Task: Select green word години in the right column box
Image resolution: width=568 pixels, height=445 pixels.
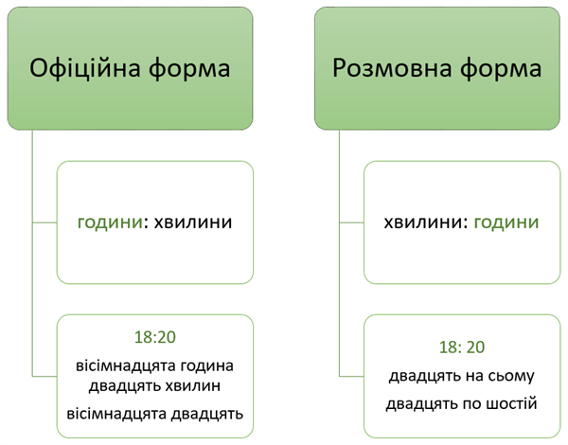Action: [x=506, y=223]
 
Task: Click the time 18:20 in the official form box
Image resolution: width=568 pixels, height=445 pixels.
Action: [x=155, y=335]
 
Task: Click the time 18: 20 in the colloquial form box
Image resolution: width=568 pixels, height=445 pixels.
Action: [x=462, y=347]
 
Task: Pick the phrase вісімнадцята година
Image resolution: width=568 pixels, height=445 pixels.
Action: [x=155, y=365]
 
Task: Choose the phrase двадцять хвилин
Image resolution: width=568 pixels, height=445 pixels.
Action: [x=155, y=384]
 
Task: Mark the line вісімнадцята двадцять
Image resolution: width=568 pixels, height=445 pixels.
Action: [x=155, y=413]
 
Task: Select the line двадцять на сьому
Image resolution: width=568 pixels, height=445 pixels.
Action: [x=462, y=376]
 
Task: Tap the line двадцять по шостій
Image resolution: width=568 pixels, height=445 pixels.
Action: [x=462, y=404]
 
